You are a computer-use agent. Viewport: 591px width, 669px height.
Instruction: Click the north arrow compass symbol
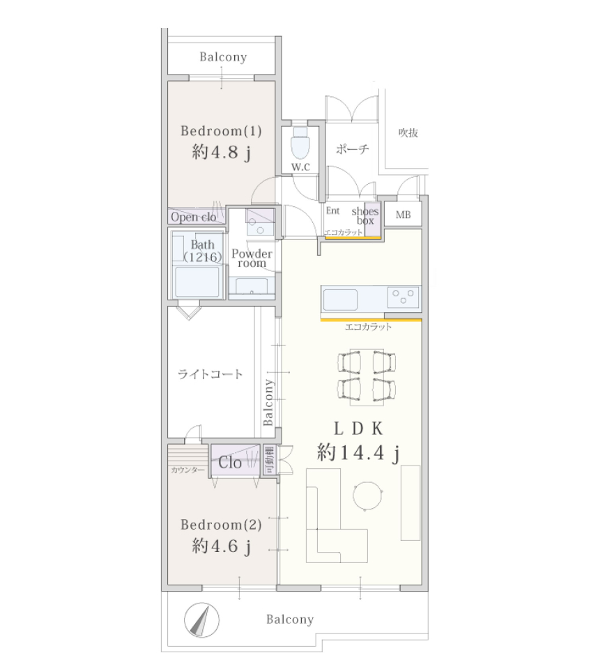pyautogui.click(x=201, y=620)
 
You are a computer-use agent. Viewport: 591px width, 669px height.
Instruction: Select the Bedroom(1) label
pyautogui.click(x=221, y=131)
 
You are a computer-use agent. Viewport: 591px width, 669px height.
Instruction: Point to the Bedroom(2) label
pyautogui.click(x=221, y=525)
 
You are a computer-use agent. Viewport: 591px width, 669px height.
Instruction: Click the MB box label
pyautogui.click(x=404, y=215)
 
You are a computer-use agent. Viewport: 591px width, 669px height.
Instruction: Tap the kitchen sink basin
pyautogui.click(x=340, y=300)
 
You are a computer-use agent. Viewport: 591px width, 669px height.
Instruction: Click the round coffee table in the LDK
pyautogui.click(x=367, y=495)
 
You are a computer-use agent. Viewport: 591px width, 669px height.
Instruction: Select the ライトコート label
pyautogui.click(x=210, y=374)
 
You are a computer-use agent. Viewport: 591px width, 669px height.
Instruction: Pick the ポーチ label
pyautogui.click(x=352, y=149)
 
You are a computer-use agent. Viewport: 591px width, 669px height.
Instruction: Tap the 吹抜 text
pyautogui.click(x=408, y=132)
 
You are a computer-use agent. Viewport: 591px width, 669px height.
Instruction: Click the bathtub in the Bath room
pyautogui.click(x=197, y=282)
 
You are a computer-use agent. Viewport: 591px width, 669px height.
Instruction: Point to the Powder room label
pyautogui.click(x=252, y=259)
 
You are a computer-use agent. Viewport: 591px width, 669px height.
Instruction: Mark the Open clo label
pyautogui.click(x=193, y=217)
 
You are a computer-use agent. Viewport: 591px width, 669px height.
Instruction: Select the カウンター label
pyautogui.click(x=187, y=470)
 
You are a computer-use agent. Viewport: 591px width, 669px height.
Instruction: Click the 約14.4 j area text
pyautogui.click(x=358, y=452)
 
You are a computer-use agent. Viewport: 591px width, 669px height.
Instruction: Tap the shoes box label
pyautogui.click(x=365, y=216)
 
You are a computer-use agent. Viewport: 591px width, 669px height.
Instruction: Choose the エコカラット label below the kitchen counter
pyautogui.click(x=368, y=327)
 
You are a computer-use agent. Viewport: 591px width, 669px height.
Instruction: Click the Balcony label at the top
pyautogui.click(x=223, y=57)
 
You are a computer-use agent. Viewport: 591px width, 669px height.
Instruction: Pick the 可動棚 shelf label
pyautogui.click(x=269, y=459)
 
